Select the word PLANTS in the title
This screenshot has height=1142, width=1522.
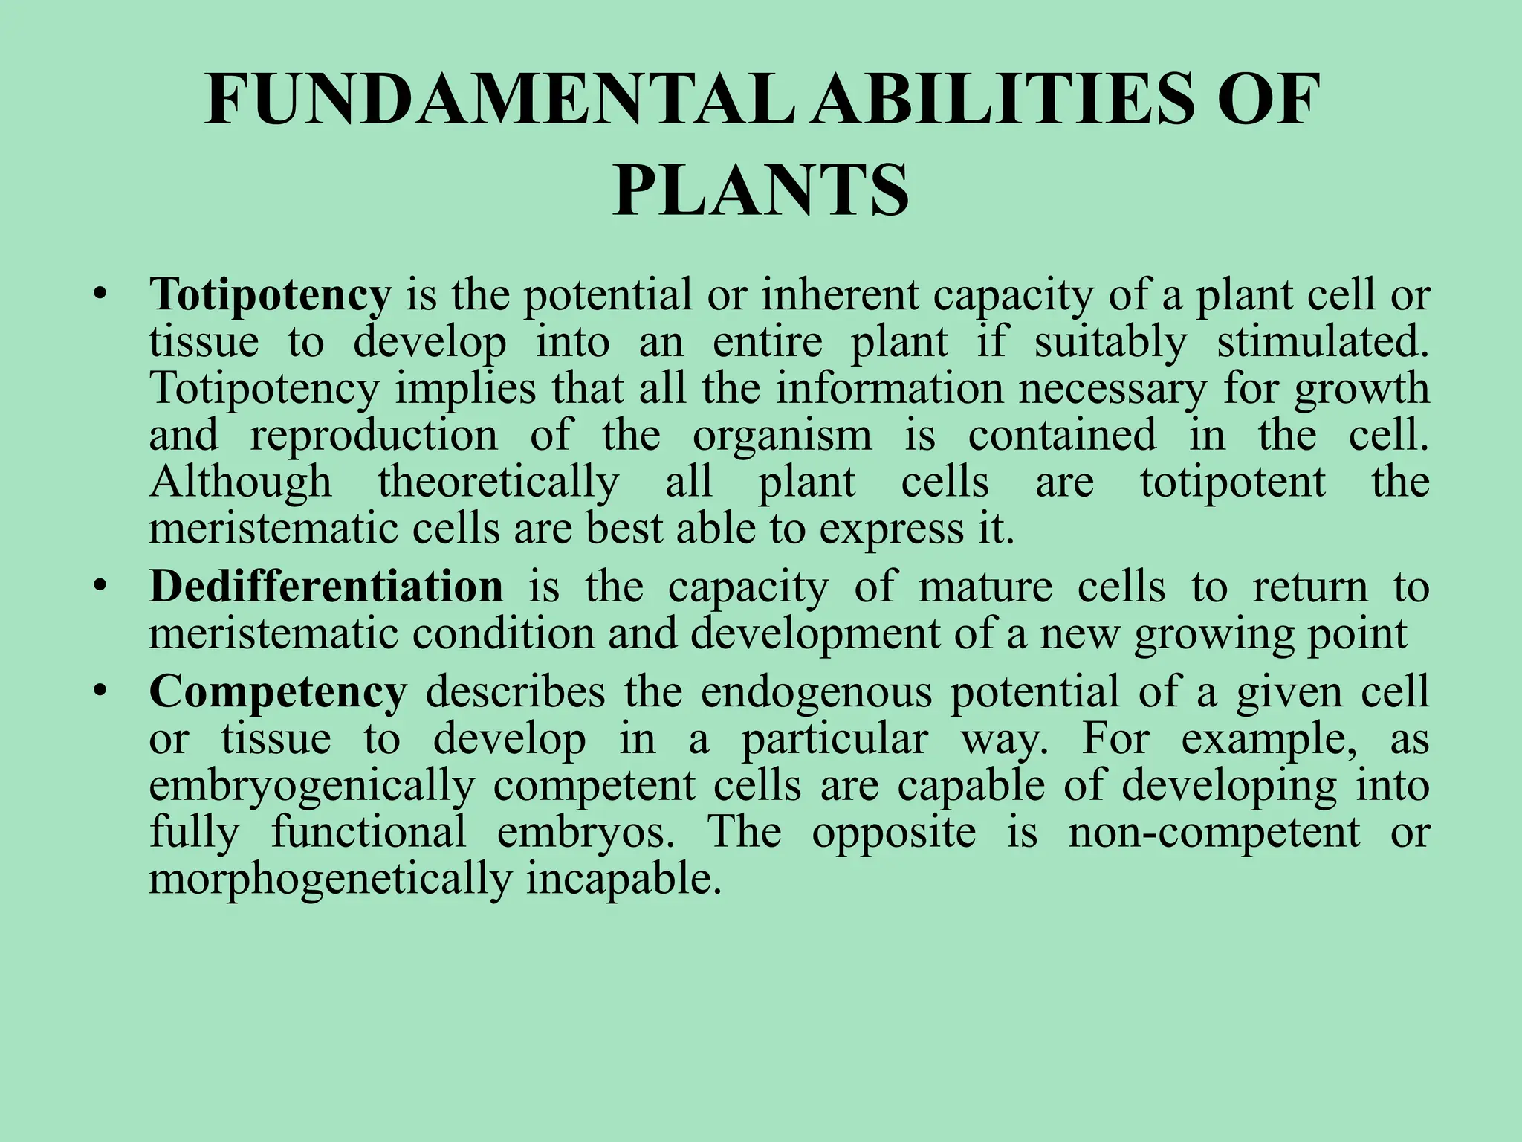760,191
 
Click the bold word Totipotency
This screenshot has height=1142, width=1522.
270,294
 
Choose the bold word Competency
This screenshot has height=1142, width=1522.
278,691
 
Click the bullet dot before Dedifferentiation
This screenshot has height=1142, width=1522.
100,587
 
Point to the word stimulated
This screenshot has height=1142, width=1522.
1322,342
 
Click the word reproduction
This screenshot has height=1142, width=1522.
374,435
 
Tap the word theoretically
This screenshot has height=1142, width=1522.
498,482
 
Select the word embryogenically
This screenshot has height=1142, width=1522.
311,787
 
